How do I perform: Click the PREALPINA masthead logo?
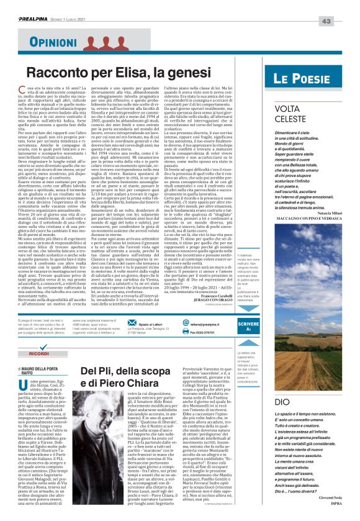39,7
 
